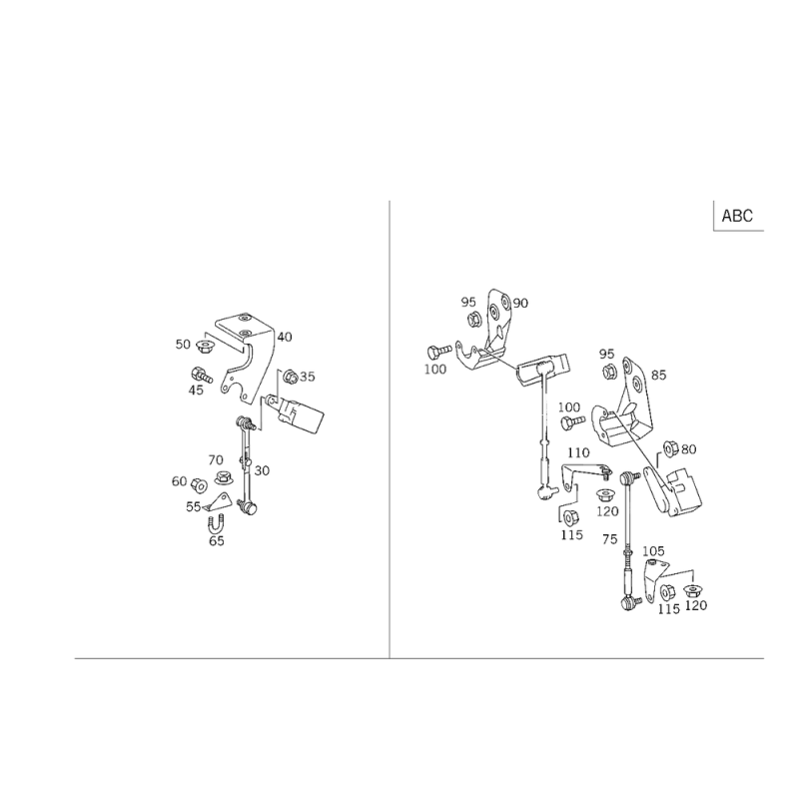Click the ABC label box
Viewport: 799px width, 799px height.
point(738,216)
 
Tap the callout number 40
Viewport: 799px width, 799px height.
point(285,337)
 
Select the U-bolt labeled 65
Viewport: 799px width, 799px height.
point(216,523)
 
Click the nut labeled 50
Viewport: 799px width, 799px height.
point(206,348)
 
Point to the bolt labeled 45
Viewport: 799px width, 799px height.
point(202,376)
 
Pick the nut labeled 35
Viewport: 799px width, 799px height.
point(290,378)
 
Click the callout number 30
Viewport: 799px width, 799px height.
point(262,470)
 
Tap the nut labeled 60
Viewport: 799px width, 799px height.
point(199,485)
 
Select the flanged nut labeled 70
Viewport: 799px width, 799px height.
point(224,478)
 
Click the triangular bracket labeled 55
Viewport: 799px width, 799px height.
point(219,503)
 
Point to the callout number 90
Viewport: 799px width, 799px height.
point(520,304)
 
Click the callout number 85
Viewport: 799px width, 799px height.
point(658,376)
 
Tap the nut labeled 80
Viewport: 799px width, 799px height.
point(670,448)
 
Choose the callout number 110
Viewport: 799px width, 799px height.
point(578,452)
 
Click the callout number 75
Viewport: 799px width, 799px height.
point(609,539)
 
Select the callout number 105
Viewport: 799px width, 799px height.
point(653,551)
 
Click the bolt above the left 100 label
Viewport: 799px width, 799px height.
point(439,352)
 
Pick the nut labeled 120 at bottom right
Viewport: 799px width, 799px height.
point(692,591)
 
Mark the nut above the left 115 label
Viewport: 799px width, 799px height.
point(569,517)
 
